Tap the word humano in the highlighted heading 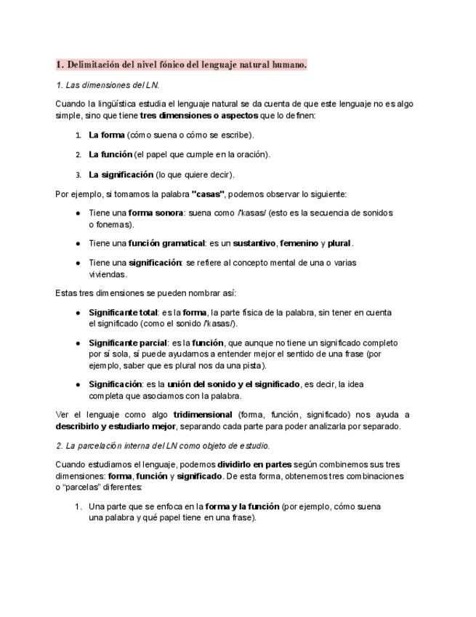pyautogui.click(x=288, y=65)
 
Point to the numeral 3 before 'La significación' pyautogui.click(x=78, y=175)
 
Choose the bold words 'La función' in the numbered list pyautogui.click(x=110, y=154)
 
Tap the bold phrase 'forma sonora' pyautogui.click(x=156, y=213)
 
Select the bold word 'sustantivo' pyautogui.click(x=254, y=243)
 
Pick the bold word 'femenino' pyautogui.click(x=299, y=243)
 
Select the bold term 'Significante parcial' pyautogui.click(x=126, y=343)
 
